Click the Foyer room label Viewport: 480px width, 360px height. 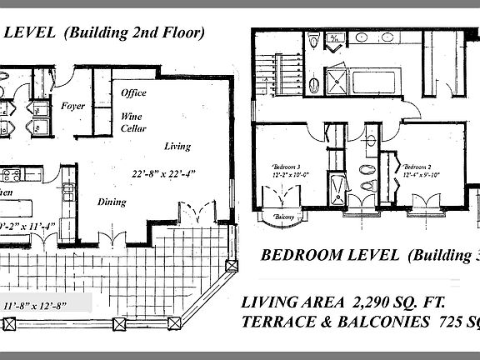[x=74, y=107]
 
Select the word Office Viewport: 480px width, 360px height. [x=133, y=93]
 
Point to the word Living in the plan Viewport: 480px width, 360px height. [x=177, y=147]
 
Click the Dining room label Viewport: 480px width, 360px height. [x=111, y=202]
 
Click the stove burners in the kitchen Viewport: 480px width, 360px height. [x=12, y=176]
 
